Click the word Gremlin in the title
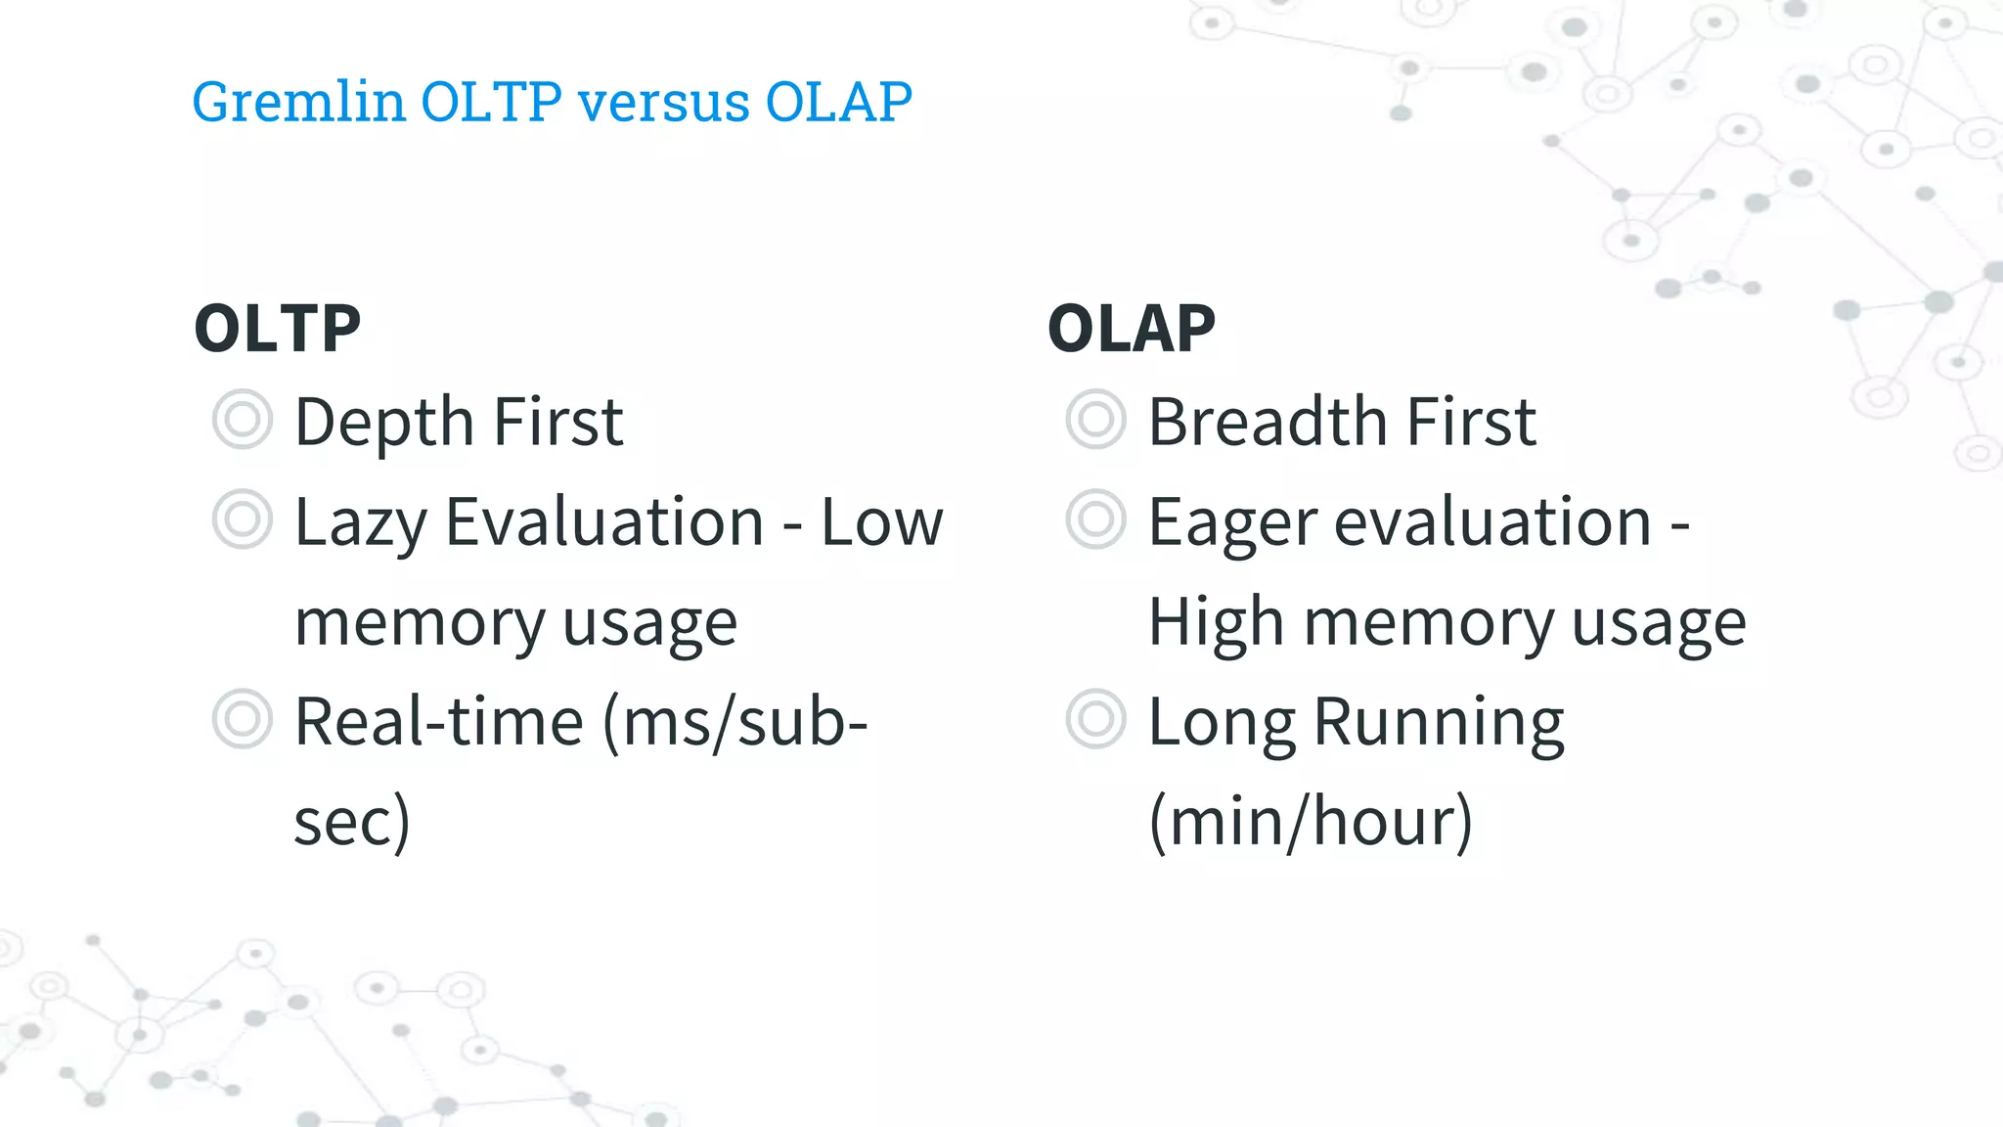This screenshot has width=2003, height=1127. point(298,102)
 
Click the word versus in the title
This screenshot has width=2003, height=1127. point(664,102)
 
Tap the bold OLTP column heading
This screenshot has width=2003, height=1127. point(278,329)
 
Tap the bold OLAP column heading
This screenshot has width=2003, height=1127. point(1132,329)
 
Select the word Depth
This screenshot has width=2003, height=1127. point(384,423)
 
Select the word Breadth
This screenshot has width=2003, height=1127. point(1268,423)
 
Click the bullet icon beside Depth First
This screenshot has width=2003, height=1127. point(242,420)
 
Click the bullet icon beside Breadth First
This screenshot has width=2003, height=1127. point(1095,420)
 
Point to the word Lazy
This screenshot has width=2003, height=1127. point(361,524)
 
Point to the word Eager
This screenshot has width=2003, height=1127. point(1232,524)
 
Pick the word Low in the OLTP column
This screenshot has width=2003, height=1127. point(882,522)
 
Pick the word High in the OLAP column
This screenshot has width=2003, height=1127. point(1216,623)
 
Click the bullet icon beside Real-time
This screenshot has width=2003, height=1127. point(242,719)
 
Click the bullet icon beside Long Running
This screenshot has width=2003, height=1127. point(1095,719)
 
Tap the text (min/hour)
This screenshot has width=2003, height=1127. point(1311,822)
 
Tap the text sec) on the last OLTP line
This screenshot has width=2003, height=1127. point(352,822)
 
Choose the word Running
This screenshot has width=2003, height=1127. point(1438,725)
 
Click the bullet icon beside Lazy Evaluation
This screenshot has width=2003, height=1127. point(242,519)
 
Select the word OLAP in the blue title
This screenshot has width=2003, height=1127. point(838,102)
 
